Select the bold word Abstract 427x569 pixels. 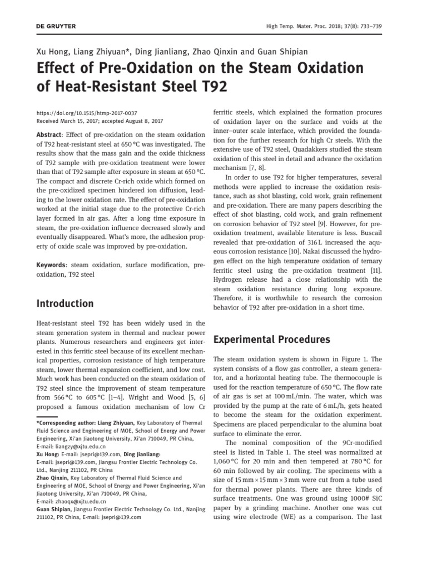[49, 134]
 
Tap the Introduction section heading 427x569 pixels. [65, 303]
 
